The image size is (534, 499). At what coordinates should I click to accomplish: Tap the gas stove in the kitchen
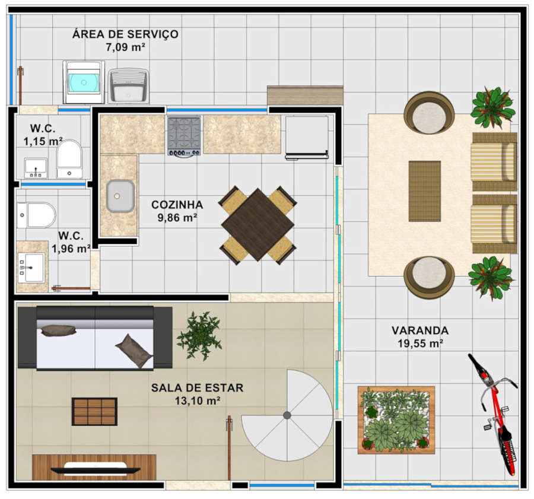(x=184, y=135)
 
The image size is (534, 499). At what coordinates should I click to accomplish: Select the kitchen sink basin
(x=120, y=196)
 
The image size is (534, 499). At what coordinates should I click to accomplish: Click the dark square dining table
(x=258, y=225)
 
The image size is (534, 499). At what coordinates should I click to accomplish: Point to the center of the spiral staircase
(x=287, y=415)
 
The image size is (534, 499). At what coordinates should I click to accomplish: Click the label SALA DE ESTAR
(x=197, y=388)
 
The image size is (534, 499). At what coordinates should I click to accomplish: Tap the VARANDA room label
(x=420, y=330)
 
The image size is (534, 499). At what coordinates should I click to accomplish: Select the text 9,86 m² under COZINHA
(x=177, y=218)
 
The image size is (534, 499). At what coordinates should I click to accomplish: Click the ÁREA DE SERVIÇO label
(x=125, y=34)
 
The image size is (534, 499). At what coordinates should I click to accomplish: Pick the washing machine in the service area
(x=84, y=82)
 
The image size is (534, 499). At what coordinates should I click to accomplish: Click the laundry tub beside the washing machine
(x=129, y=86)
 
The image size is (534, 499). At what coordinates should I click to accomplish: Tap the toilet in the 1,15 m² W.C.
(x=69, y=159)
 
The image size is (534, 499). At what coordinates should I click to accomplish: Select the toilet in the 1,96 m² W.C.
(x=37, y=215)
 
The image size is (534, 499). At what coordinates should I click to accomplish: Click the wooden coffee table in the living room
(x=94, y=411)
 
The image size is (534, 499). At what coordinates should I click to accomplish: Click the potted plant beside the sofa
(x=199, y=335)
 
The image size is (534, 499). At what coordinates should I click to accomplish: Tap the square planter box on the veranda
(x=396, y=420)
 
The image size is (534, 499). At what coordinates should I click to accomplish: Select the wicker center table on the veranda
(x=425, y=191)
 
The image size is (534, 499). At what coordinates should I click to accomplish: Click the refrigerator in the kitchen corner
(x=307, y=138)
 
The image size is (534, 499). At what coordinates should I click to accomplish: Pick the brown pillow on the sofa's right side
(x=134, y=351)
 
